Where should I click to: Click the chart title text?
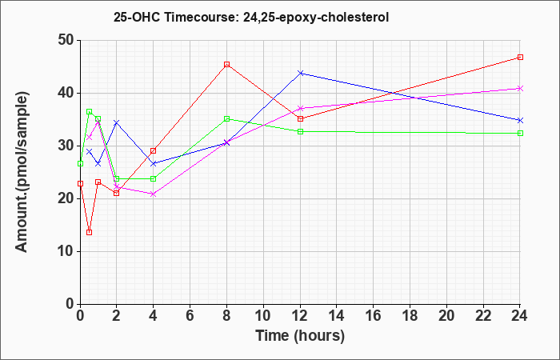[251, 17]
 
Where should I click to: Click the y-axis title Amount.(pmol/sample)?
[22, 172]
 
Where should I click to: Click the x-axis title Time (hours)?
[300, 336]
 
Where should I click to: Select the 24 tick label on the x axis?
[519, 316]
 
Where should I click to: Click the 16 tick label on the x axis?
[373, 316]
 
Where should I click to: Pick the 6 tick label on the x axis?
[190, 316]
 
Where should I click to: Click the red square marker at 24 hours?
[520, 57]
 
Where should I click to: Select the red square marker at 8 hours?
[226, 64]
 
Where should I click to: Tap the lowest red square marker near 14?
[90, 232]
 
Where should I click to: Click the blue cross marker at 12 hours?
[300, 73]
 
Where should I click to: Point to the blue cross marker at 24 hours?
[520, 120]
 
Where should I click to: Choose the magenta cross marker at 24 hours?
[520, 89]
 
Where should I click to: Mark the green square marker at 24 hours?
[520, 134]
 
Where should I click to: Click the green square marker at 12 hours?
[300, 131]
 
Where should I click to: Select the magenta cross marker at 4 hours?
[154, 194]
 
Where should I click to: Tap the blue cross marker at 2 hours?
[116, 123]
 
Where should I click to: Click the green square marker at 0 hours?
[80, 163]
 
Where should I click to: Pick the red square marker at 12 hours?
[300, 118]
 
